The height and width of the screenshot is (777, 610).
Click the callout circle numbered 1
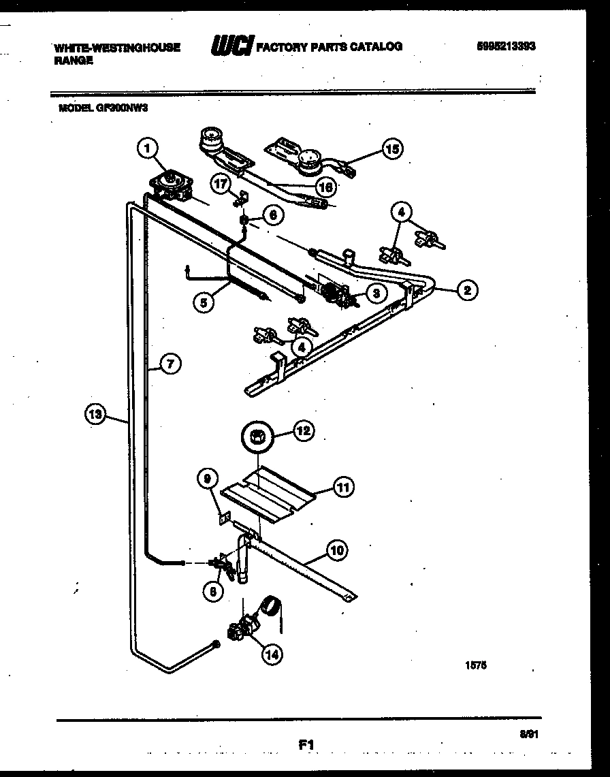point(149,147)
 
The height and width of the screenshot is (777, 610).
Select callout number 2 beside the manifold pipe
point(466,291)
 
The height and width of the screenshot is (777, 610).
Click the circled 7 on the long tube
point(170,364)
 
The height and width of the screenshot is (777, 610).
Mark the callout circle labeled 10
point(336,549)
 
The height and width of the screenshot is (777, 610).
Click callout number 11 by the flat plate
point(344,487)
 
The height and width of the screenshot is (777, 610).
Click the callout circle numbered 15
point(391,148)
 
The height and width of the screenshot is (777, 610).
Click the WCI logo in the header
point(232,46)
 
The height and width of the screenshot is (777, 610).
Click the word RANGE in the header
point(71,60)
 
